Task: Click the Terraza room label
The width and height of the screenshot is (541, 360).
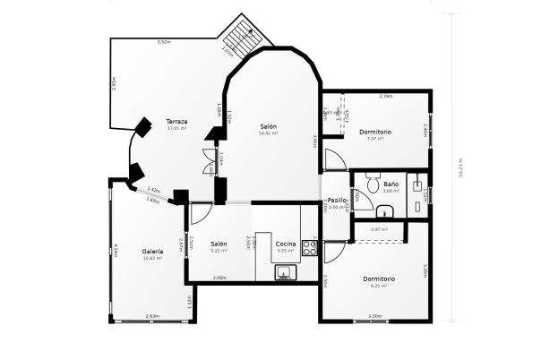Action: (176, 122)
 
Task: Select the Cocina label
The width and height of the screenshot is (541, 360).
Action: (286, 244)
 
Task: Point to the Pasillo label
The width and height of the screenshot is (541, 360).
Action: (337, 201)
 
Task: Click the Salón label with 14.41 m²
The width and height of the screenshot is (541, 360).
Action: (269, 127)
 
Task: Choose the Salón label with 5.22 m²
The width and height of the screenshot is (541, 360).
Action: (219, 244)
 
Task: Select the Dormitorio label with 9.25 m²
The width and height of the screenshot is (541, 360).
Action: (379, 279)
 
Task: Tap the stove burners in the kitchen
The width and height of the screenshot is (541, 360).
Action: (310, 247)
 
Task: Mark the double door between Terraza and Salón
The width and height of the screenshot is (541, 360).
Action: (210, 167)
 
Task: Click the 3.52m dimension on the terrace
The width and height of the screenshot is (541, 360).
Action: (164, 42)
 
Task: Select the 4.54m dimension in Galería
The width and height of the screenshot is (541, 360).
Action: (116, 250)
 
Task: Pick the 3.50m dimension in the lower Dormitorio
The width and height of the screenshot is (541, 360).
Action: (374, 315)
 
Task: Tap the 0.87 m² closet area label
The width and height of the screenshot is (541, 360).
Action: (378, 229)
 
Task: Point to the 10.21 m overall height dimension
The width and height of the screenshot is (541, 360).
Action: (460, 168)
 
